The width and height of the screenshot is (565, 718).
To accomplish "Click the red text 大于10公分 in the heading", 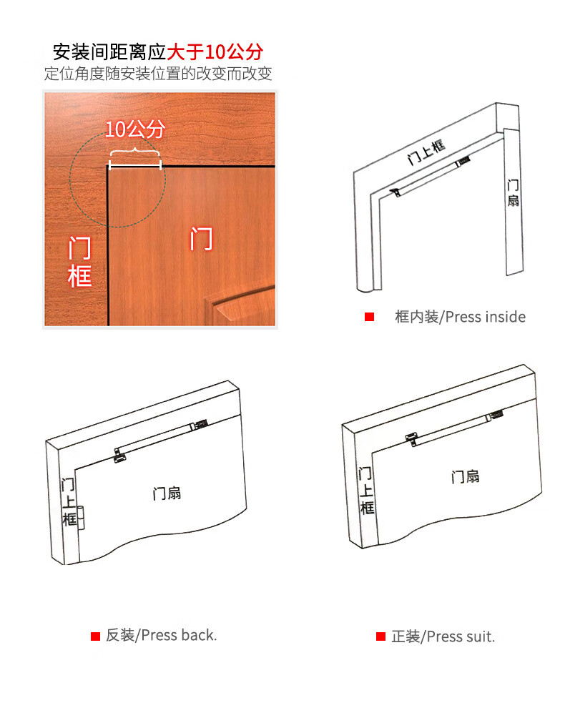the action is (215, 51).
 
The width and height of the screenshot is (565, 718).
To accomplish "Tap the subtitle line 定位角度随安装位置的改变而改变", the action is (158, 73).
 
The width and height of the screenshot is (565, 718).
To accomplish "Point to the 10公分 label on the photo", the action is (135, 129).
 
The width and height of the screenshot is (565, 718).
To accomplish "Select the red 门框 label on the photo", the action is (79, 262).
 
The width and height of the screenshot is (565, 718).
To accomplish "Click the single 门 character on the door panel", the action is (202, 239).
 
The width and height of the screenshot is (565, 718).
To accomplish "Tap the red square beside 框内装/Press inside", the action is (370, 317).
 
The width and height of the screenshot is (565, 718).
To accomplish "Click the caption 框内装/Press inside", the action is (460, 317).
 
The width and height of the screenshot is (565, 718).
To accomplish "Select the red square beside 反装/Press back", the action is (95, 636).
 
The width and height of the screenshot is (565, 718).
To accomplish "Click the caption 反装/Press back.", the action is (161, 635).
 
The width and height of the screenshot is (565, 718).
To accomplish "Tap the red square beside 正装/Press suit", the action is (380, 636).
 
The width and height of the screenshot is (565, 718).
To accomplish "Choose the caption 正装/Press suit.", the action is (443, 636).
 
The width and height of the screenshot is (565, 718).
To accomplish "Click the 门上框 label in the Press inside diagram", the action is (426, 152).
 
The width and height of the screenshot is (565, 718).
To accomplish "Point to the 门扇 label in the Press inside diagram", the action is (513, 193).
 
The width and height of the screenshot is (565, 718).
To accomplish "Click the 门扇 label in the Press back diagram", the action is (167, 493).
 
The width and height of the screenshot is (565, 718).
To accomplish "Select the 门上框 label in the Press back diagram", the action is (69, 502).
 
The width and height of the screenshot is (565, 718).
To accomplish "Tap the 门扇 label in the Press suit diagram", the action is (465, 477).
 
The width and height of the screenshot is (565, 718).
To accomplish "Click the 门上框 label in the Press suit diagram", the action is (366, 491).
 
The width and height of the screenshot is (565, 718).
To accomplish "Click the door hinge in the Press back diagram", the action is (81, 518).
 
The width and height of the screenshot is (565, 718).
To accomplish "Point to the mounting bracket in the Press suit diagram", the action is (412, 439).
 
